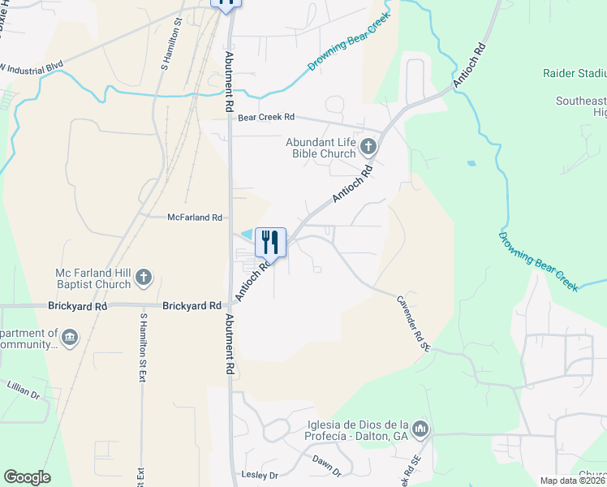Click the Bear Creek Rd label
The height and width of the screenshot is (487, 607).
click(266, 118)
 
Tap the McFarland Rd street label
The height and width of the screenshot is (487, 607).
click(195, 218)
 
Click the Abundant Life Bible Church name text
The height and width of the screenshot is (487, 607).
click(321, 147)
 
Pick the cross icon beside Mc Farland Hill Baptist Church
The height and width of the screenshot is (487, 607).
click(143, 278)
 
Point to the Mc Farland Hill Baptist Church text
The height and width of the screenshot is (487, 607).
click(93, 278)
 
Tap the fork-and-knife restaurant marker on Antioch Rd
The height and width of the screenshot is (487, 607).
click(270, 242)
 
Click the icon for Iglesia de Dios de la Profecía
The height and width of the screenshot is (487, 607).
click(420, 428)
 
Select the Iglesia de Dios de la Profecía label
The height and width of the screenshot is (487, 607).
click(357, 429)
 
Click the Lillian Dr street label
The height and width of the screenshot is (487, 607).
click(23, 394)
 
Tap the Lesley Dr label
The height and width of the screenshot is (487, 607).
click(260, 475)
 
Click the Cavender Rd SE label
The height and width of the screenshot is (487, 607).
click(412, 317)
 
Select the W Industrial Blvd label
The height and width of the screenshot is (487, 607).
click(32, 67)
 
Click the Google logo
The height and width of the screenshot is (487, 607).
click(27, 477)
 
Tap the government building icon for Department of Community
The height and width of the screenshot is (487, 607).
click(70, 336)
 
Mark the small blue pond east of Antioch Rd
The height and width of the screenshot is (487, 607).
click(471, 163)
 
